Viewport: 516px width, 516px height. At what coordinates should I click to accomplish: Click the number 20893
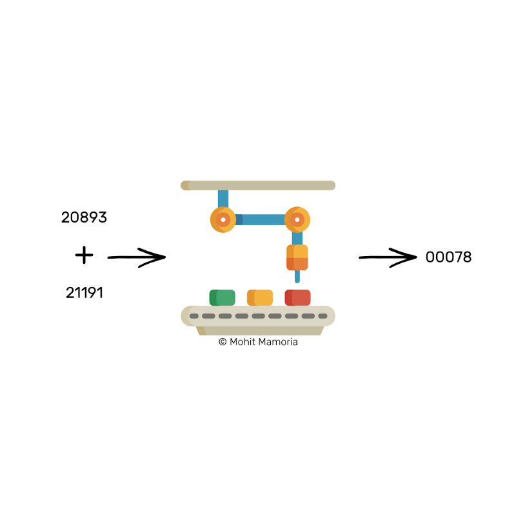84,218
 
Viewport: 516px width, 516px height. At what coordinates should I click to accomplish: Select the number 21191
84,293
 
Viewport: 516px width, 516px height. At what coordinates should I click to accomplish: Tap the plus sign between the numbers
84,256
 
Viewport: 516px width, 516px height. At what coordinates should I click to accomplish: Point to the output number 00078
448,257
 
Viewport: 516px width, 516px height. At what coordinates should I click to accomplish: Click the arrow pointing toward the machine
136,258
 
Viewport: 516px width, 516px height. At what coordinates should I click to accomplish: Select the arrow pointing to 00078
388,258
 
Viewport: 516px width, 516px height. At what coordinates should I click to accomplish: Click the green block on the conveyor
223,297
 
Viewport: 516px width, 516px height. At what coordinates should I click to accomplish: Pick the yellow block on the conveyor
260,297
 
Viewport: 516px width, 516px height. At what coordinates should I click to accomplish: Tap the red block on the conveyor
297,297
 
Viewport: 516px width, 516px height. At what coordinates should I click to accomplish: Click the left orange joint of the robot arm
223,220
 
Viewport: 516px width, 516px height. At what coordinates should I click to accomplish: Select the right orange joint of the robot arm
297,220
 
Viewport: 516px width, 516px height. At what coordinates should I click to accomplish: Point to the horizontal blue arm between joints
261,219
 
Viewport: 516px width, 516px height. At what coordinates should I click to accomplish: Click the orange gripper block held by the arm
297,257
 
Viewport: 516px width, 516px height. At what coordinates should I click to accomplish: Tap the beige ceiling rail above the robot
258,186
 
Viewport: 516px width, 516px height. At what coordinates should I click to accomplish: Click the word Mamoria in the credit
277,342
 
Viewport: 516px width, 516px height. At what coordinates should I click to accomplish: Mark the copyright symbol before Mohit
223,342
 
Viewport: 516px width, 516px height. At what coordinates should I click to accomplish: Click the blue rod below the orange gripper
297,277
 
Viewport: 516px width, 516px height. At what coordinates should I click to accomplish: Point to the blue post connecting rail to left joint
223,198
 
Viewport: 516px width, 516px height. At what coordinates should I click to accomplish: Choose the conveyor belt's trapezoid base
258,330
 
